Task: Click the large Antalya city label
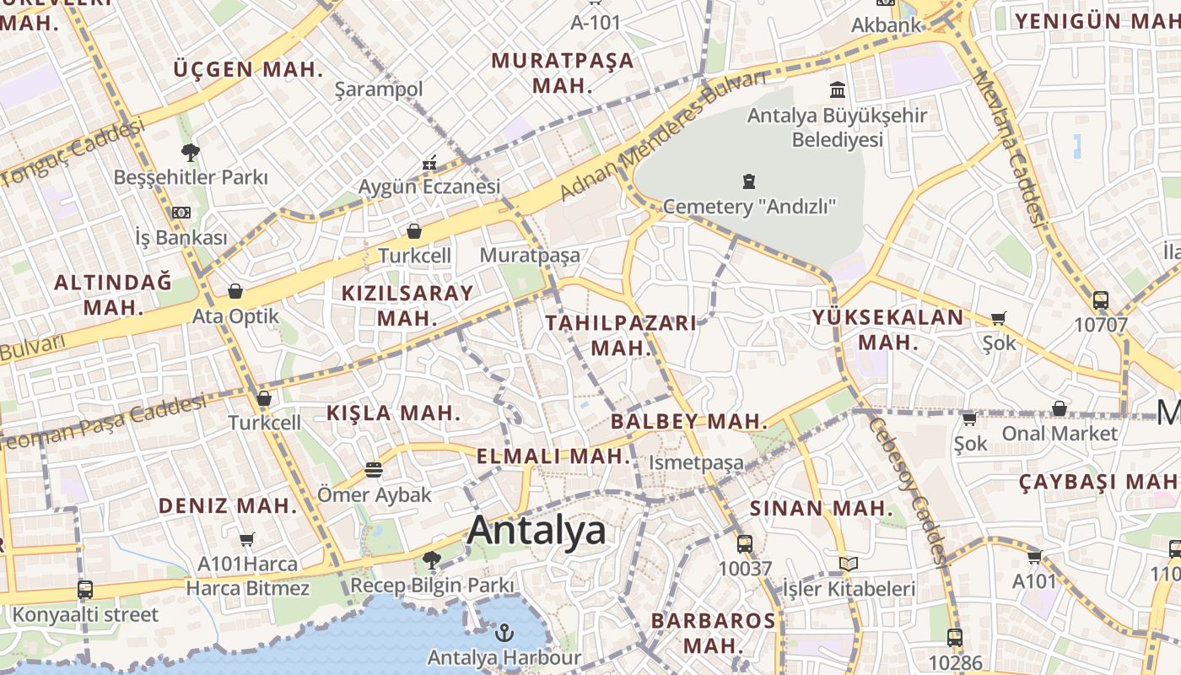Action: tap(536, 531)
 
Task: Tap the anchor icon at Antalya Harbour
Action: tap(504, 632)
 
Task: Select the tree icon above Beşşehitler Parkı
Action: tap(191, 153)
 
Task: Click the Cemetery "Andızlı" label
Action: tap(749, 207)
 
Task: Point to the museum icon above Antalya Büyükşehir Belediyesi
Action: tap(838, 89)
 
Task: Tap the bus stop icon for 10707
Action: tap(1100, 300)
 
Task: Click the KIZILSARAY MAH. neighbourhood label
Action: tap(407, 305)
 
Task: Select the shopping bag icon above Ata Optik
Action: tap(235, 291)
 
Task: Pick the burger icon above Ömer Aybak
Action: tap(374, 470)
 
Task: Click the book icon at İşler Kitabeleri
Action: tap(849, 564)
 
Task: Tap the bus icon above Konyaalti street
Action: tap(85, 590)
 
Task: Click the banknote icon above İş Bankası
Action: tap(181, 213)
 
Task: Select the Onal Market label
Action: tap(1060, 434)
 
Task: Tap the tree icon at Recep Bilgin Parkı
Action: tap(432, 559)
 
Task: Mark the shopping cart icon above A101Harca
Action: tap(247, 539)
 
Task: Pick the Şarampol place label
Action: tap(379, 89)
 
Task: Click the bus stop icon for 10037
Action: tap(744, 544)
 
